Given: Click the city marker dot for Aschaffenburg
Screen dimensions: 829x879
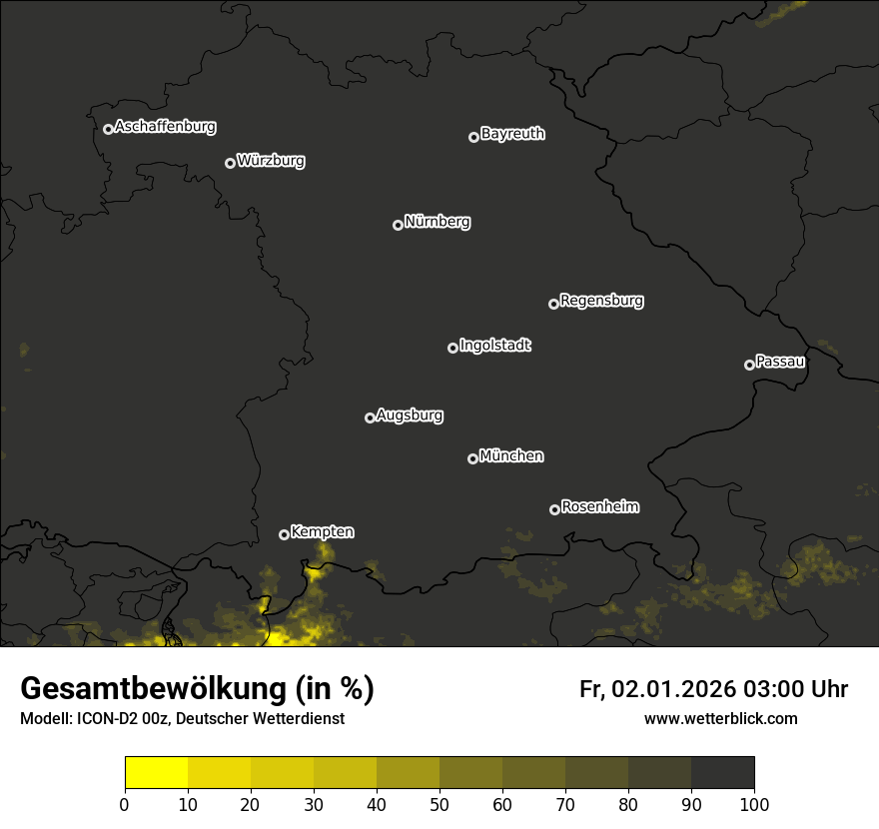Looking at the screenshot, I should pos(108,129).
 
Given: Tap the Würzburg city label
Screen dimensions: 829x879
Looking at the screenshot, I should pos(271,161).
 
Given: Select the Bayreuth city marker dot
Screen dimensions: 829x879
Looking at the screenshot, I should pos(473,137).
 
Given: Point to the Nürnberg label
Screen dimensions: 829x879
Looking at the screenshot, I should pos(438,222).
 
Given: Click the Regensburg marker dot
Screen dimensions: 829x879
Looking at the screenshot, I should pos(553,304).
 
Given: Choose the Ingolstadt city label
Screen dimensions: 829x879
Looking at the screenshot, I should pos(495,346).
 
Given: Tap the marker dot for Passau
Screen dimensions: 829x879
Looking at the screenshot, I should pos(749,365).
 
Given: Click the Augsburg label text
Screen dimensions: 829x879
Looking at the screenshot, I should pos(410,415).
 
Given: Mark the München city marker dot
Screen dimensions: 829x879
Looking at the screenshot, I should pos(472,458).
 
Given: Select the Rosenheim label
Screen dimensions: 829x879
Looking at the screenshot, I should pos(599,507).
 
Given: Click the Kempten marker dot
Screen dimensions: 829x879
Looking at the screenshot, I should pos(284,534).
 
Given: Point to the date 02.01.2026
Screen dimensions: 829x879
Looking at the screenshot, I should pos(673,689).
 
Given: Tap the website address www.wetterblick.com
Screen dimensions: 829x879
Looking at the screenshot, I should pos(720,718).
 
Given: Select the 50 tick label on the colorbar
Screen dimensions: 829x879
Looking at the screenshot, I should pos(439,804).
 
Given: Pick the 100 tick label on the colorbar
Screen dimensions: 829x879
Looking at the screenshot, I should pos(754,804).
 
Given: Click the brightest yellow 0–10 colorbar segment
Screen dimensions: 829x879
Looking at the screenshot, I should pos(156,773).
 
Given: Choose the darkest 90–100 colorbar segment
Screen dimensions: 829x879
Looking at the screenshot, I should pos(722,773).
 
